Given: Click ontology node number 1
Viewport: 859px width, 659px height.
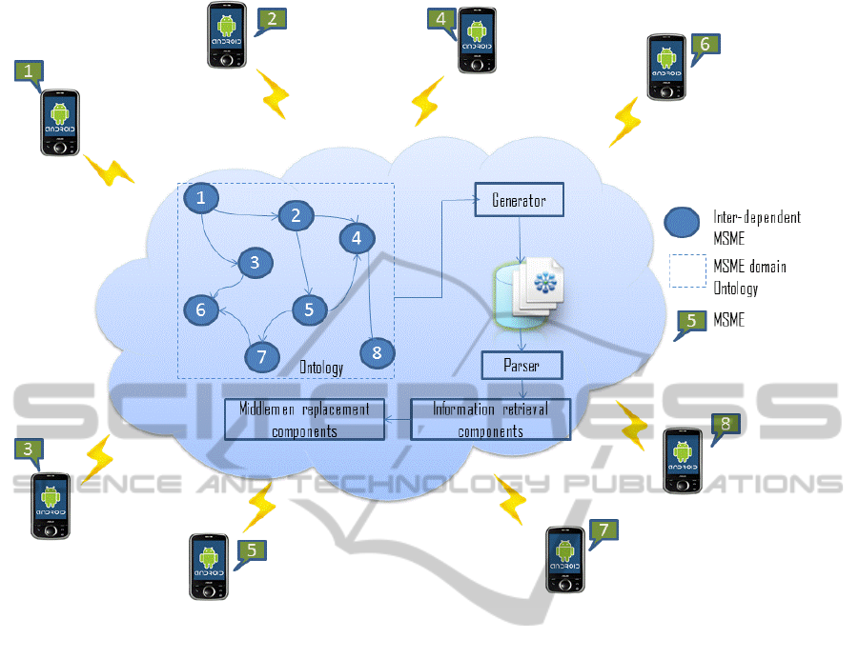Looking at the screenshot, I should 200,198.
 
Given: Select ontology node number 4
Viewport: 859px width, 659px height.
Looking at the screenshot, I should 358,236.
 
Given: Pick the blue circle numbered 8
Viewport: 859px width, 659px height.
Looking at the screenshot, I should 378,353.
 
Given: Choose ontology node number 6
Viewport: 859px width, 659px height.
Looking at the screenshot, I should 200,309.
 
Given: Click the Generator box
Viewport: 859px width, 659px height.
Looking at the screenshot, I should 520,200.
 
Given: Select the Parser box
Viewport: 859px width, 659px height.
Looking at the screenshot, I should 522,365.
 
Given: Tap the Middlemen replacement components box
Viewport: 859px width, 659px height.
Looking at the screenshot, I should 304,419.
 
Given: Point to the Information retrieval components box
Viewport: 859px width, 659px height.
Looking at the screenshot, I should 490,419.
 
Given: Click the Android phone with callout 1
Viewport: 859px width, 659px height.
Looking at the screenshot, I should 59,123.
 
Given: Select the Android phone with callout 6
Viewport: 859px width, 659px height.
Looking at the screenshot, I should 666,67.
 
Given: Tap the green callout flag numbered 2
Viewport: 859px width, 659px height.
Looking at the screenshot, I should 272,18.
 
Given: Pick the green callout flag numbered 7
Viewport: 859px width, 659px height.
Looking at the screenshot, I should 603,529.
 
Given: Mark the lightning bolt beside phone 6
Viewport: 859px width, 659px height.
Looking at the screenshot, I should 626,120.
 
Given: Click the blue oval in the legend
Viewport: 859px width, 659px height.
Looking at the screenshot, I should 685,224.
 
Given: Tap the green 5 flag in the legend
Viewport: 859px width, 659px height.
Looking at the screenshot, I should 689,321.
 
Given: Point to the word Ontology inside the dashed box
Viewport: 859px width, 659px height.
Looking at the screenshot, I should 322,368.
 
